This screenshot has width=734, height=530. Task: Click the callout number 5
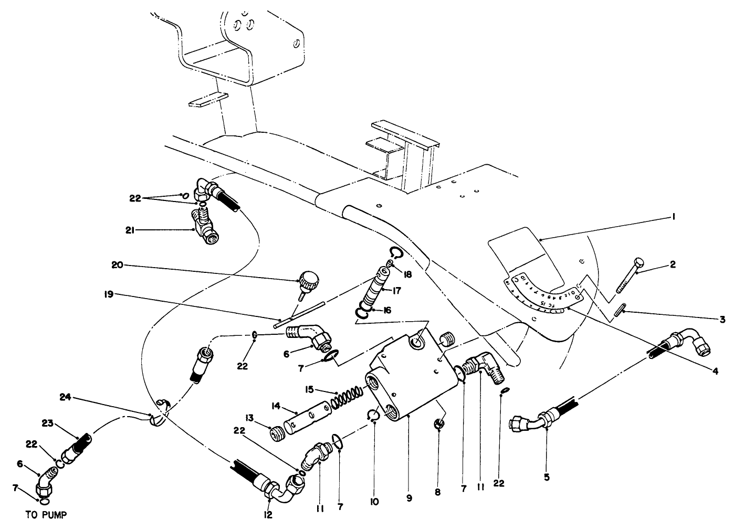tap(547, 478)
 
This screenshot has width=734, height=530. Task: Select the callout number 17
tap(397, 290)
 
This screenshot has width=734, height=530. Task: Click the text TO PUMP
tap(46, 515)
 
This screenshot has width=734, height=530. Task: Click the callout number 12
tap(268, 515)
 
